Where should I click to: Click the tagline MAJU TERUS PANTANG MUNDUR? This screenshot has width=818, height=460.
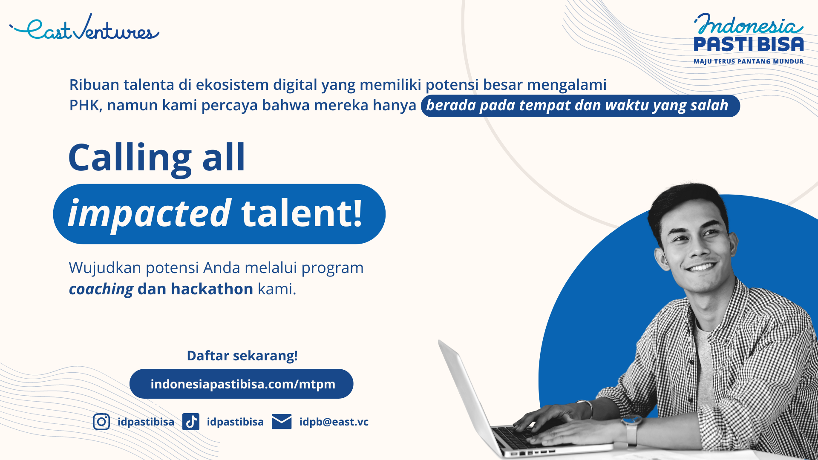point(749,61)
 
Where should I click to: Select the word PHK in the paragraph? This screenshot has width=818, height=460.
point(84,105)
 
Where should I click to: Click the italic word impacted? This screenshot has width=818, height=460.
point(150,213)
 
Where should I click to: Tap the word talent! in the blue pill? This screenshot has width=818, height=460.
point(302,213)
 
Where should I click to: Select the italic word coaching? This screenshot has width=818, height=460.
point(101,289)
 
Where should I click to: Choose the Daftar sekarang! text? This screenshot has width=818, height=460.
point(242,356)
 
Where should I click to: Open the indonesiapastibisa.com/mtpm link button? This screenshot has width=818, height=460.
point(242,384)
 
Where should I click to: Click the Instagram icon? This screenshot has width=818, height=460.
point(101,422)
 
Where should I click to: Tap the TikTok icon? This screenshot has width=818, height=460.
point(191,422)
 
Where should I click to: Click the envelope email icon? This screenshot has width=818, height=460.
point(282,422)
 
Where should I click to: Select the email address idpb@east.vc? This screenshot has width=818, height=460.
point(334,422)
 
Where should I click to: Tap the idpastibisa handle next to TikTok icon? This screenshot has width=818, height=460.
point(235,422)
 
